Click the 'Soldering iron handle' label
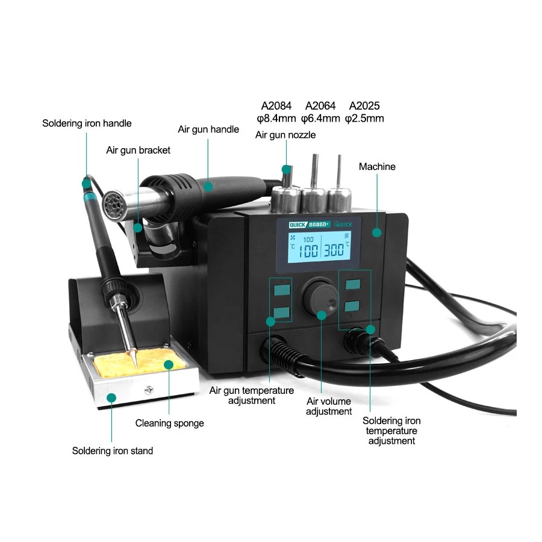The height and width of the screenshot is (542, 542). (87, 123)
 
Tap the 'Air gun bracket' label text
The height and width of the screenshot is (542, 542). (138, 151)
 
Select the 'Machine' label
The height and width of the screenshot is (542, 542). (377, 167)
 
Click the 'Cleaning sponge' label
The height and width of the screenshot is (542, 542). (169, 423)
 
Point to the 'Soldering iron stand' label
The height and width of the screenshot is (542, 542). (113, 450)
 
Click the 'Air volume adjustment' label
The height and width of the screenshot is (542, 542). (329, 406)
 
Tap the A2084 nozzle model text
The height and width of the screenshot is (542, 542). (276, 105)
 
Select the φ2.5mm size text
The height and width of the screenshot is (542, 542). (364, 118)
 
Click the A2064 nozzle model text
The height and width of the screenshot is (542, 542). (320, 105)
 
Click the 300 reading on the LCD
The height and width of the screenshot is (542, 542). (334, 249)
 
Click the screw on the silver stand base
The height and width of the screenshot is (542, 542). (149, 390)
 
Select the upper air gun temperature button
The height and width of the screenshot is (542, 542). (282, 290)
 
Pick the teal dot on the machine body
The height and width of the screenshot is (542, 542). (376, 232)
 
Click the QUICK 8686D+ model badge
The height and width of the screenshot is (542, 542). (310, 225)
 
